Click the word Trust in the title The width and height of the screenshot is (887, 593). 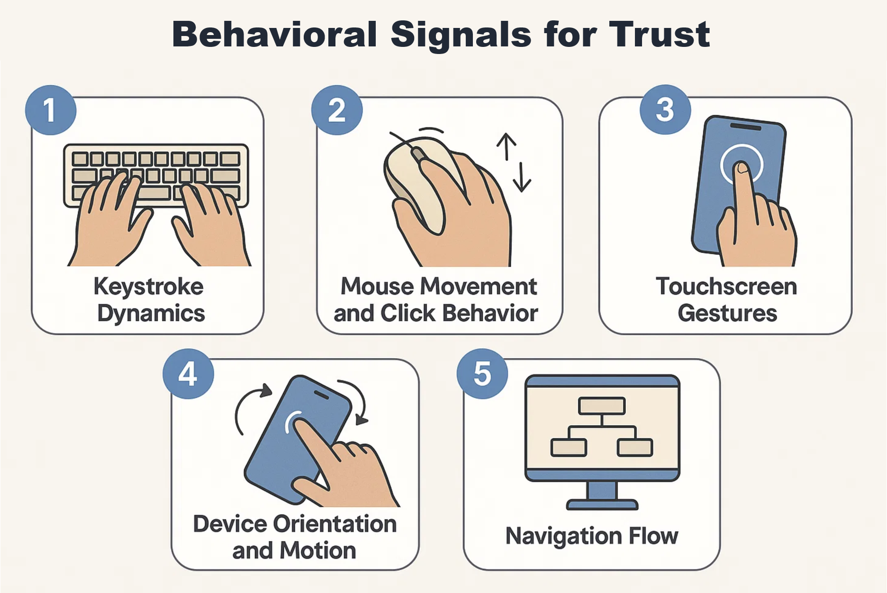tap(659, 34)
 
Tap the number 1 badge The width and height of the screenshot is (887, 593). tap(51, 110)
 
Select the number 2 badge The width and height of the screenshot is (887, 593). tap(337, 110)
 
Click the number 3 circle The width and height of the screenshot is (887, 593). tap(665, 109)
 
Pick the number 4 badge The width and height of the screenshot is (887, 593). tap(188, 374)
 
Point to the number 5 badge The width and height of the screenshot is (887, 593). tap(482, 374)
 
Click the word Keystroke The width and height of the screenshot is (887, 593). tap(149, 287)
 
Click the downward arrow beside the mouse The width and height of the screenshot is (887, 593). tap(522, 177)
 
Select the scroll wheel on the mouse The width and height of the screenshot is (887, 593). tap(418, 154)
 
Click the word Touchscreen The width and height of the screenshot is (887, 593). tap(726, 287)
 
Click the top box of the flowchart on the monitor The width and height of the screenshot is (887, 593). tap(602, 405)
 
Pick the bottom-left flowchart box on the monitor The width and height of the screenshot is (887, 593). tap(569, 447)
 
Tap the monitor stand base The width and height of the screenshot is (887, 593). tap(602, 505)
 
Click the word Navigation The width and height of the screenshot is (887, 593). tap(564, 536)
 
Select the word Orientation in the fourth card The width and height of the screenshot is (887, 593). tap(335, 524)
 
